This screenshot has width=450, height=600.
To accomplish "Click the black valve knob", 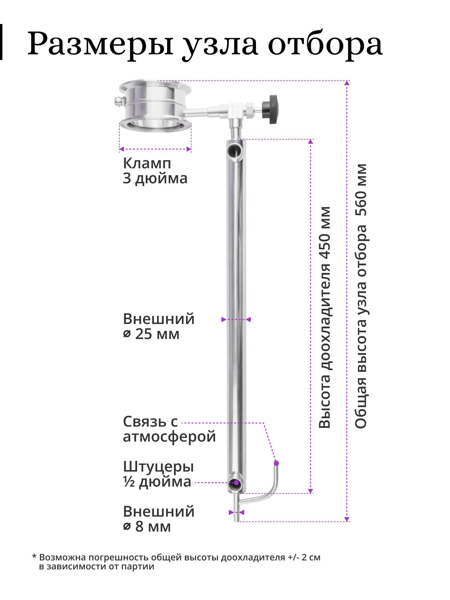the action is pyautogui.click(x=270, y=109).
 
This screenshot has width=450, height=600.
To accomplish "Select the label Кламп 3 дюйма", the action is pyautogui.click(x=155, y=171).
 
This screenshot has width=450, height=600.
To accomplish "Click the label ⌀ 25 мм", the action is pyautogui.click(x=151, y=334).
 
